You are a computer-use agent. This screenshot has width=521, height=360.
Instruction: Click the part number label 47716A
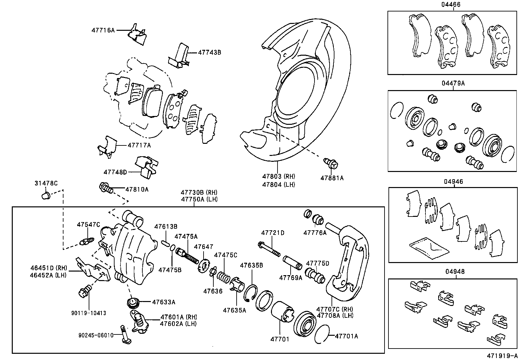pos(103,30)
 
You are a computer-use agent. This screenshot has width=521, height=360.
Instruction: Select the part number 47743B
pos(209,52)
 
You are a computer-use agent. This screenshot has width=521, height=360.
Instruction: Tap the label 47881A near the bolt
pos(332,178)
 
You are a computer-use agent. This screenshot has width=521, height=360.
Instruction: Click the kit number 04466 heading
pos(453,5)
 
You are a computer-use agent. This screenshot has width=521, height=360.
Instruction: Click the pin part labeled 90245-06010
pos(126,334)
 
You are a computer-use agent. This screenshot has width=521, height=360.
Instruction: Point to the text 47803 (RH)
pos(278,177)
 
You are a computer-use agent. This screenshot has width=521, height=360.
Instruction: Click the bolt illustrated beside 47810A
pos(106,188)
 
